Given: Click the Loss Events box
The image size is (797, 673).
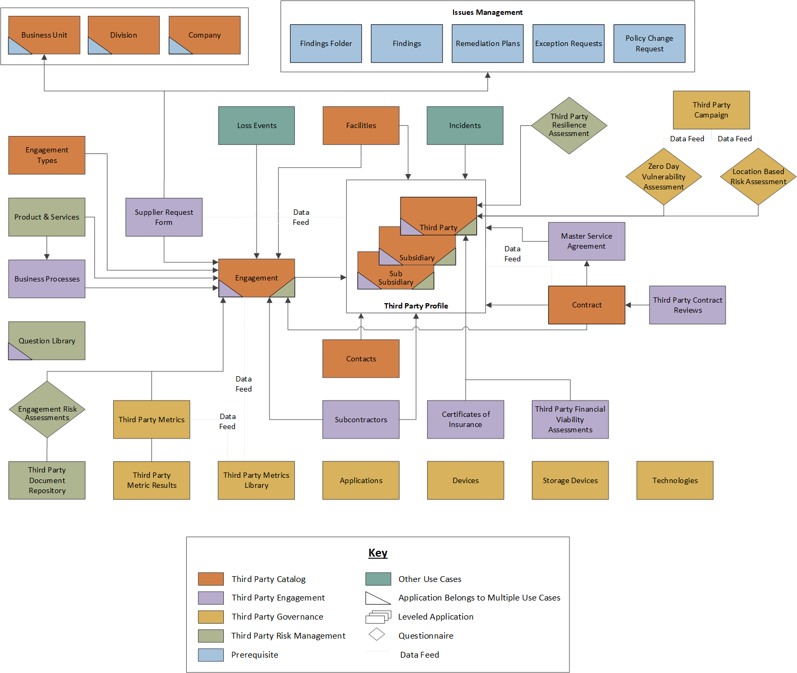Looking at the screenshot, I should (x=256, y=125).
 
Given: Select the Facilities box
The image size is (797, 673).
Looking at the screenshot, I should (x=361, y=125).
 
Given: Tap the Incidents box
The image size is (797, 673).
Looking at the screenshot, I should (x=465, y=125).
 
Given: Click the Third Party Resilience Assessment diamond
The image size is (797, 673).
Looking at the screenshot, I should (x=569, y=125).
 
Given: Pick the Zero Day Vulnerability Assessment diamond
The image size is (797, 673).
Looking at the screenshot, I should (x=664, y=177).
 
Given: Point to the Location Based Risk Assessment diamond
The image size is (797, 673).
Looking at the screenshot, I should (x=758, y=177).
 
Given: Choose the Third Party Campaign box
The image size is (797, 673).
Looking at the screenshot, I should (x=711, y=110).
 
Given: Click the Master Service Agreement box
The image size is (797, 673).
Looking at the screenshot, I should (x=586, y=241).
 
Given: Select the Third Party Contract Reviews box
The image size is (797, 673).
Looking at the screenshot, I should (x=687, y=305).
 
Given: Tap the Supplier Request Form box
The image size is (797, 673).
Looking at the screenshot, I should (x=164, y=217).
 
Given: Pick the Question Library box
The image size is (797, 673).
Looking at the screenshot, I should (x=47, y=341).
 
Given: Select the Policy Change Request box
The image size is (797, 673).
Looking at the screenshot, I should (x=649, y=43).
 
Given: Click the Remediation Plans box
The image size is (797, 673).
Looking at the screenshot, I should (x=487, y=43).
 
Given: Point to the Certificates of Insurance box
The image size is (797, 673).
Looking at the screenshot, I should (x=465, y=420).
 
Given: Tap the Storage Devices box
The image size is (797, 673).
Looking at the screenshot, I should (x=570, y=480).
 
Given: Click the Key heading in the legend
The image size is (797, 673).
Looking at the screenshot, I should (x=378, y=553).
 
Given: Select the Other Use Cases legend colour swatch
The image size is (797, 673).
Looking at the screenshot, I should (x=378, y=579).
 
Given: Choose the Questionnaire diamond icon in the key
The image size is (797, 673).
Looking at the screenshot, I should (x=377, y=634).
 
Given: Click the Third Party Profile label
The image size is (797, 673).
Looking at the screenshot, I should (x=416, y=306).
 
